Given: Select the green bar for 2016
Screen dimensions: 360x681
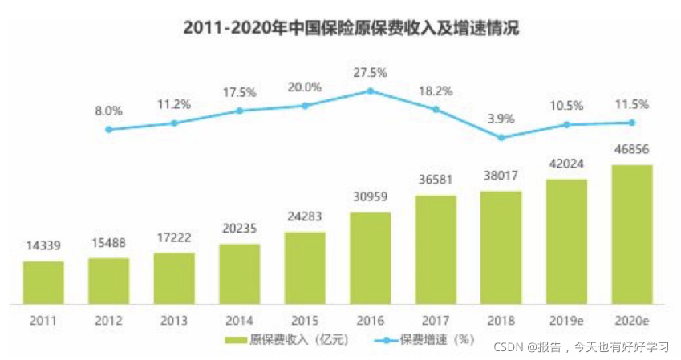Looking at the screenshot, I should [370, 258].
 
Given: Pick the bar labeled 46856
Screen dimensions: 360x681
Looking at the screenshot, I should [631, 234].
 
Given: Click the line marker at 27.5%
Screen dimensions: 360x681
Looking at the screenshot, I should [370, 91].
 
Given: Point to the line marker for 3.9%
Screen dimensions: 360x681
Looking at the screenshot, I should [501, 137].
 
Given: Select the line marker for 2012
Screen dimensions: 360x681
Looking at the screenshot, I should [108, 129].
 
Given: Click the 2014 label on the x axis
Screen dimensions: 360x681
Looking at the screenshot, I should [239, 320].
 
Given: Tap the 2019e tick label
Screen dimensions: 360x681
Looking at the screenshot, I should [565, 320].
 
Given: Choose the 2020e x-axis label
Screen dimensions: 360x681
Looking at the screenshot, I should [631, 320].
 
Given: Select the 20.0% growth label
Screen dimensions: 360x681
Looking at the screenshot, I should [305, 87].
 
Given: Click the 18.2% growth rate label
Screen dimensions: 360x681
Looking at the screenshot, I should [436, 91].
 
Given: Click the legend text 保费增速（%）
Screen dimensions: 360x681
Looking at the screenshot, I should [428, 340].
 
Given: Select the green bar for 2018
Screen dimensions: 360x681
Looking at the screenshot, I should [501, 247].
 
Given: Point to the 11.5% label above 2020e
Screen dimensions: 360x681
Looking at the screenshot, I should [631, 105].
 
